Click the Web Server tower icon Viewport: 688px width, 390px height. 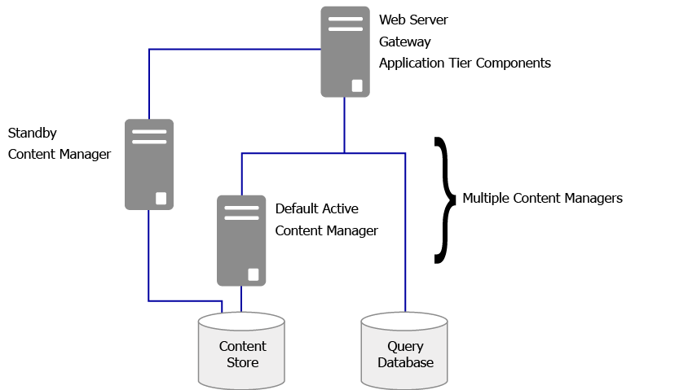pos(344,51)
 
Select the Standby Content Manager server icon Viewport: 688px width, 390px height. pos(149,164)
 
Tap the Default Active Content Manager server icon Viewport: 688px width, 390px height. pos(241,240)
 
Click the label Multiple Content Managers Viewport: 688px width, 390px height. pos(542,198)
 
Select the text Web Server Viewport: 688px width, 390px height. pos(413,19)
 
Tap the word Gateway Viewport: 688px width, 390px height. pos(404,41)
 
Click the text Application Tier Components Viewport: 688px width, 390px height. pos(465,63)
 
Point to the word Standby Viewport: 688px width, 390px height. pos(33,132)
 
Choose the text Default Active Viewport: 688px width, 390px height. pos(316,209)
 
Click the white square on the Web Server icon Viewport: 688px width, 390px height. pos(357,85)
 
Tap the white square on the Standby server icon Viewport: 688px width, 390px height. pos(161,198)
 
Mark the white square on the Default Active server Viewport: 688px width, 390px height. pos(254,274)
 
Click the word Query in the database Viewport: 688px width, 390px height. pos(406,346)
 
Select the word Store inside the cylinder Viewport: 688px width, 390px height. pos(243,362)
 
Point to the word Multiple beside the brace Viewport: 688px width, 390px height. pos(486,198)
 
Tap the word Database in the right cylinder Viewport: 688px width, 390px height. pos(406,362)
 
